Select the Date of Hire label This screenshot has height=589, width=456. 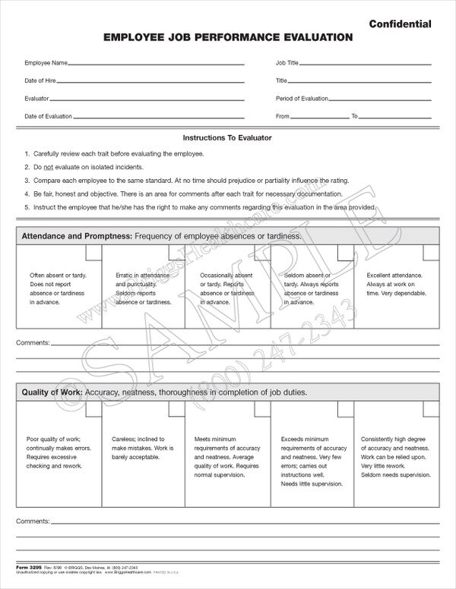point(40,80)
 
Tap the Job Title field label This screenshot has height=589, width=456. point(287,61)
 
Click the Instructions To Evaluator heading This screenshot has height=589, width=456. point(227,138)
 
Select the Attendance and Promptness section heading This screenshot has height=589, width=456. point(74,236)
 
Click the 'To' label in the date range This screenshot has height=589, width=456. point(354,116)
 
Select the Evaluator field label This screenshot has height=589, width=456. point(36,98)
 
